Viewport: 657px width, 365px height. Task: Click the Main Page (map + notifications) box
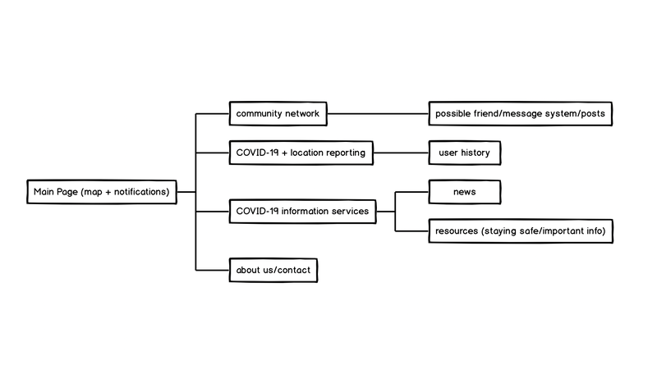pos(101,192)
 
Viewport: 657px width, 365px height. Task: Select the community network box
pos(278,113)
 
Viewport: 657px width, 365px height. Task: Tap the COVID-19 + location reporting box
pos(300,153)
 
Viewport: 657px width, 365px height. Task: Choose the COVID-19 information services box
pos(302,212)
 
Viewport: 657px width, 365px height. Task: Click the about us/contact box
pos(272,270)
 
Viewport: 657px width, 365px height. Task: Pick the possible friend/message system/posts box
pos(521,113)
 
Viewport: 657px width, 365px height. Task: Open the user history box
pos(464,153)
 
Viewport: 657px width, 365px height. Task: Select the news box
pos(464,192)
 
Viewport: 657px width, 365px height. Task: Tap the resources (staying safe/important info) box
pos(521,231)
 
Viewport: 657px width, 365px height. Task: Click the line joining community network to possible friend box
pos(378,113)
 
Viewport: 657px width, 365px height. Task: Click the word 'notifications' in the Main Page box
pos(140,192)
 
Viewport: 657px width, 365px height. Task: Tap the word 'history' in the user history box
pos(476,153)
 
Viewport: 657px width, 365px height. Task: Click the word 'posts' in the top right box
pos(593,113)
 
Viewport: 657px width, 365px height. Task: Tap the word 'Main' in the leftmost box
pos(44,192)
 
